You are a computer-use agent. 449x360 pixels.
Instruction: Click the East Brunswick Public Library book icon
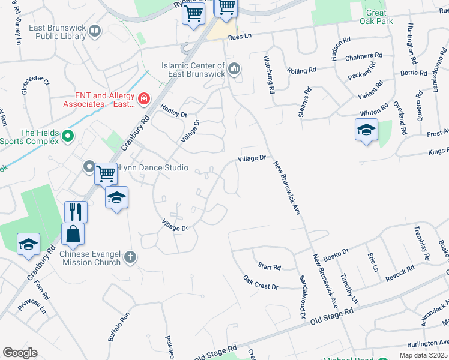pyautogui.click(x=95, y=30)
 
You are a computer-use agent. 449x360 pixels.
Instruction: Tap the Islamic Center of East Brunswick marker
pyautogui.click(x=234, y=69)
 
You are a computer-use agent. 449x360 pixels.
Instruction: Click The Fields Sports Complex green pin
pyautogui.click(x=68, y=137)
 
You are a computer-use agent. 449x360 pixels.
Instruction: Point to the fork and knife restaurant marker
pyautogui.click(x=76, y=212)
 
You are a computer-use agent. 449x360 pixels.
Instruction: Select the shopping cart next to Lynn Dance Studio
pyautogui.click(x=106, y=173)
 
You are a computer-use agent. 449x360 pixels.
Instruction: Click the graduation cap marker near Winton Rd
pyautogui.click(x=366, y=130)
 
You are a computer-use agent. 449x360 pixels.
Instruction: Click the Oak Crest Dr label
pyautogui.click(x=261, y=282)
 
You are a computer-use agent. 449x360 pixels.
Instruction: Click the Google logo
pyautogui.click(x=20, y=353)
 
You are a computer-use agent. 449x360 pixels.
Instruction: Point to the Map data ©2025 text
pyautogui.click(x=423, y=355)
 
